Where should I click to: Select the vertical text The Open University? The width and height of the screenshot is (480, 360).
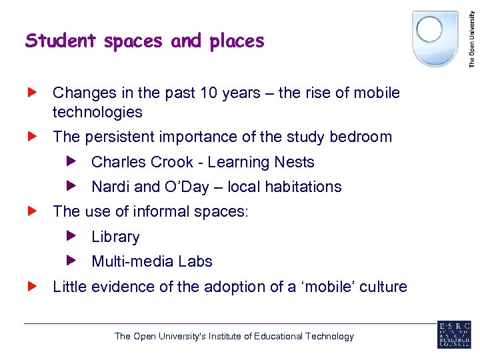pos(472,34)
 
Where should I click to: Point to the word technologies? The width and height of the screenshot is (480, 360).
pos(97,112)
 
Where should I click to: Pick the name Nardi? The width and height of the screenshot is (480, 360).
pos(111,187)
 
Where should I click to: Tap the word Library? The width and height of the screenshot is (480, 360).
pos(115,237)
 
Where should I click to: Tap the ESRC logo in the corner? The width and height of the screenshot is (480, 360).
pos(454,335)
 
